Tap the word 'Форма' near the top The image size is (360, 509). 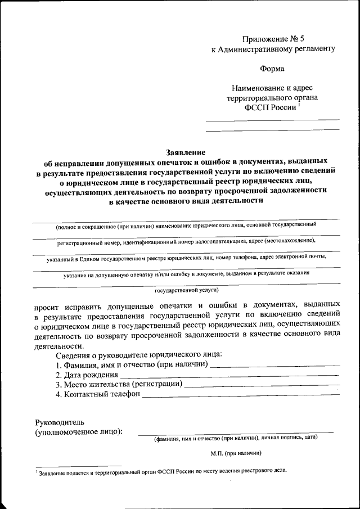click(272, 69)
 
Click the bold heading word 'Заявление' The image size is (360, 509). click(186, 152)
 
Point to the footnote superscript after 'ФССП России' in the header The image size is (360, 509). click(299, 105)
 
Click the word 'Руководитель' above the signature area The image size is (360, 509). click(59, 421)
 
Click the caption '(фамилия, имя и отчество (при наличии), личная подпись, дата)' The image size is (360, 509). click(236, 437)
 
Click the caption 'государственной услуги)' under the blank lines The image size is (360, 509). click(186, 291)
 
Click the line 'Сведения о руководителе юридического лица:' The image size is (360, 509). click(139, 354)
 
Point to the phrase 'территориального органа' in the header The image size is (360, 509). click(272, 98)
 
